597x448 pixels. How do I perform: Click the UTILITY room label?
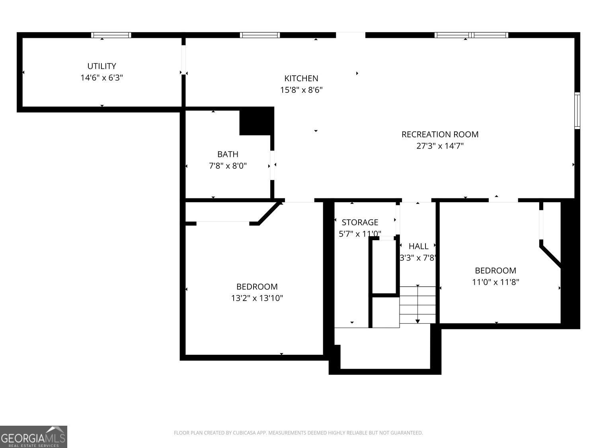click(x=101, y=66)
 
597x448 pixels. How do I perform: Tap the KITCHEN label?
click(x=301, y=78)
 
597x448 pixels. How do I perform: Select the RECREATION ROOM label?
click(x=440, y=134)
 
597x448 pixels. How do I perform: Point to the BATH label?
click(x=228, y=154)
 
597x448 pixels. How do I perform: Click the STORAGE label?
click(x=360, y=223)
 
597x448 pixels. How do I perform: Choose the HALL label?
click(x=418, y=246)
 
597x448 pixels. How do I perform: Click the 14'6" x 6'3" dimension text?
click(x=101, y=78)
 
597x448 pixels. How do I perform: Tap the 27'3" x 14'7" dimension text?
click(x=440, y=146)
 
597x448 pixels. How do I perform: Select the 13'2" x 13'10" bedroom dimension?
click(x=257, y=298)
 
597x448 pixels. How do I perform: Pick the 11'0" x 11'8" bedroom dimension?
click(x=495, y=282)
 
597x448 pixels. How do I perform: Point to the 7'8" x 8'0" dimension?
click(x=228, y=166)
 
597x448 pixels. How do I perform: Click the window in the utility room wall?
click(x=111, y=35)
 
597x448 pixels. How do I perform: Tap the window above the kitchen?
click(x=260, y=35)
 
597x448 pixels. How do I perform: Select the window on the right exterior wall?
click(x=577, y=110)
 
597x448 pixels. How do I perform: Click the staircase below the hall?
click(x=417, y=305)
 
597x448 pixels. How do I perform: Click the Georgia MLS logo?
click(x=33, y=436)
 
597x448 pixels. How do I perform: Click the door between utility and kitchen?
click(x=183, y=60)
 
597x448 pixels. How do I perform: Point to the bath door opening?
click(x=272, y=165)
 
